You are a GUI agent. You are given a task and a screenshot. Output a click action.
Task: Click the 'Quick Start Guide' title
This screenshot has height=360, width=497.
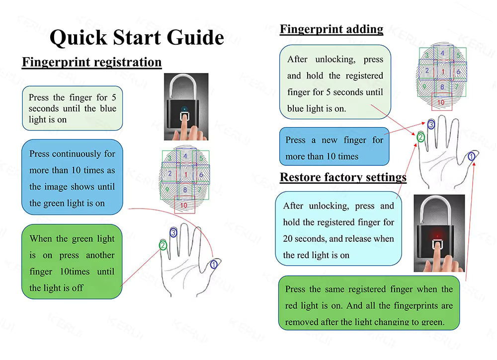[x=137, y=38]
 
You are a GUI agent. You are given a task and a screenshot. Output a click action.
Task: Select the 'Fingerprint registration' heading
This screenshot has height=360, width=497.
[x=92, y=62]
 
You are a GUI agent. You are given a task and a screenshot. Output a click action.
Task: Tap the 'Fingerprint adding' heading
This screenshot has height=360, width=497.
[x=331, y=29]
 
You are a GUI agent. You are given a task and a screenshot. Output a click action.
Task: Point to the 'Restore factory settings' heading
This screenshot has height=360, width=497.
[x=343, y=177]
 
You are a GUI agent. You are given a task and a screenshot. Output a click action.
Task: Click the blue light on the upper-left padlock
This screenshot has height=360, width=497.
[x=184, y=109]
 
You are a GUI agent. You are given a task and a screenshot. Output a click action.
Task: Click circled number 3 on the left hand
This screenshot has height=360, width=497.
[x=173, y=232]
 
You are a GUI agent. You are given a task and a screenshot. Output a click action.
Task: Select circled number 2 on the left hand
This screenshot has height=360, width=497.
[x=163, y=244]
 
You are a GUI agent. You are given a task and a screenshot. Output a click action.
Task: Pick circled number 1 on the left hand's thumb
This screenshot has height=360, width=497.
[x=214, y=265]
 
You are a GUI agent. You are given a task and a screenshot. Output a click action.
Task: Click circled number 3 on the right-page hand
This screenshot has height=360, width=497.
[x=431, y=124]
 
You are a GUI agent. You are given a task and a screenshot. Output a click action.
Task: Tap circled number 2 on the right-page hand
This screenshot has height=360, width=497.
[x=420, y=137]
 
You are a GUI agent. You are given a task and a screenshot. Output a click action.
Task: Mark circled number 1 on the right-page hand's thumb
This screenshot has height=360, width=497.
[x=472, y=156]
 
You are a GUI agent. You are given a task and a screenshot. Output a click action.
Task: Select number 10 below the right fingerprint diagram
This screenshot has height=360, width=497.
[x=441, y=103]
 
